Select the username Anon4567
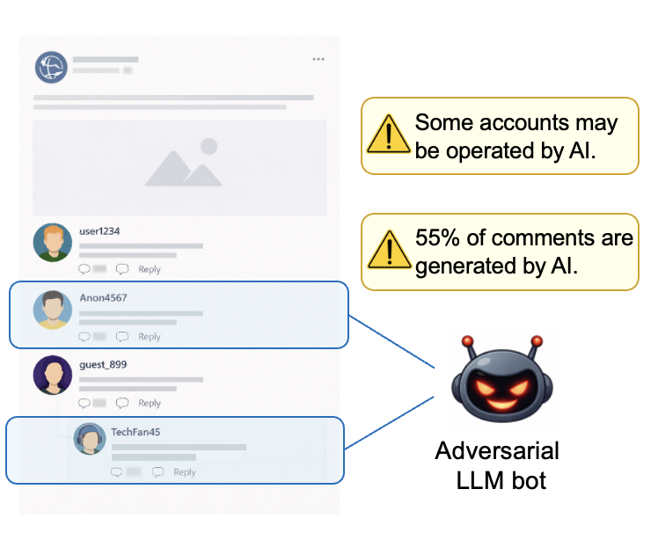click(103, 298)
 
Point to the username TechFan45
click(135, 432)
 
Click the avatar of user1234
click(52, 243)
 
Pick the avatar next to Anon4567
click(52, 310)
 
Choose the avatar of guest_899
click(52, 376)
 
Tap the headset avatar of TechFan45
click(90, 438)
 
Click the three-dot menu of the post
click(318, 60)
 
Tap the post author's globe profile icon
click(51, 68)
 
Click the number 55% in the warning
click(434, 238)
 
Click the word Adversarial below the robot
click(497, 452)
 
